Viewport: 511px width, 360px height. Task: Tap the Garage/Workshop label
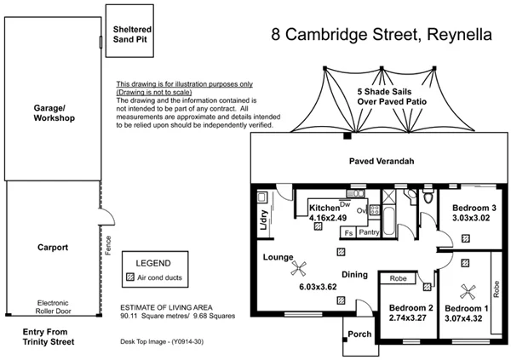pos(55,113)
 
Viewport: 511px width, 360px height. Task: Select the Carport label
pos(54,248)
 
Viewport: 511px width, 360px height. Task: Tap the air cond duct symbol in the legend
pos(130,277)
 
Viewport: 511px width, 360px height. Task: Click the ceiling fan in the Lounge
pos(299,270)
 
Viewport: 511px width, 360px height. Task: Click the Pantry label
pos(369,231)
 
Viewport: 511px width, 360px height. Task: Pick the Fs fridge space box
pos(347,231)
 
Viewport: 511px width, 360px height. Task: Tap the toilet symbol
pos(411,197)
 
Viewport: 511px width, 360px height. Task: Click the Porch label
pos(359,334)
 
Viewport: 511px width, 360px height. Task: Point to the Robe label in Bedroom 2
pos(397,277)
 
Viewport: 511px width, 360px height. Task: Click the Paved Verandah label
pos(382,161)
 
